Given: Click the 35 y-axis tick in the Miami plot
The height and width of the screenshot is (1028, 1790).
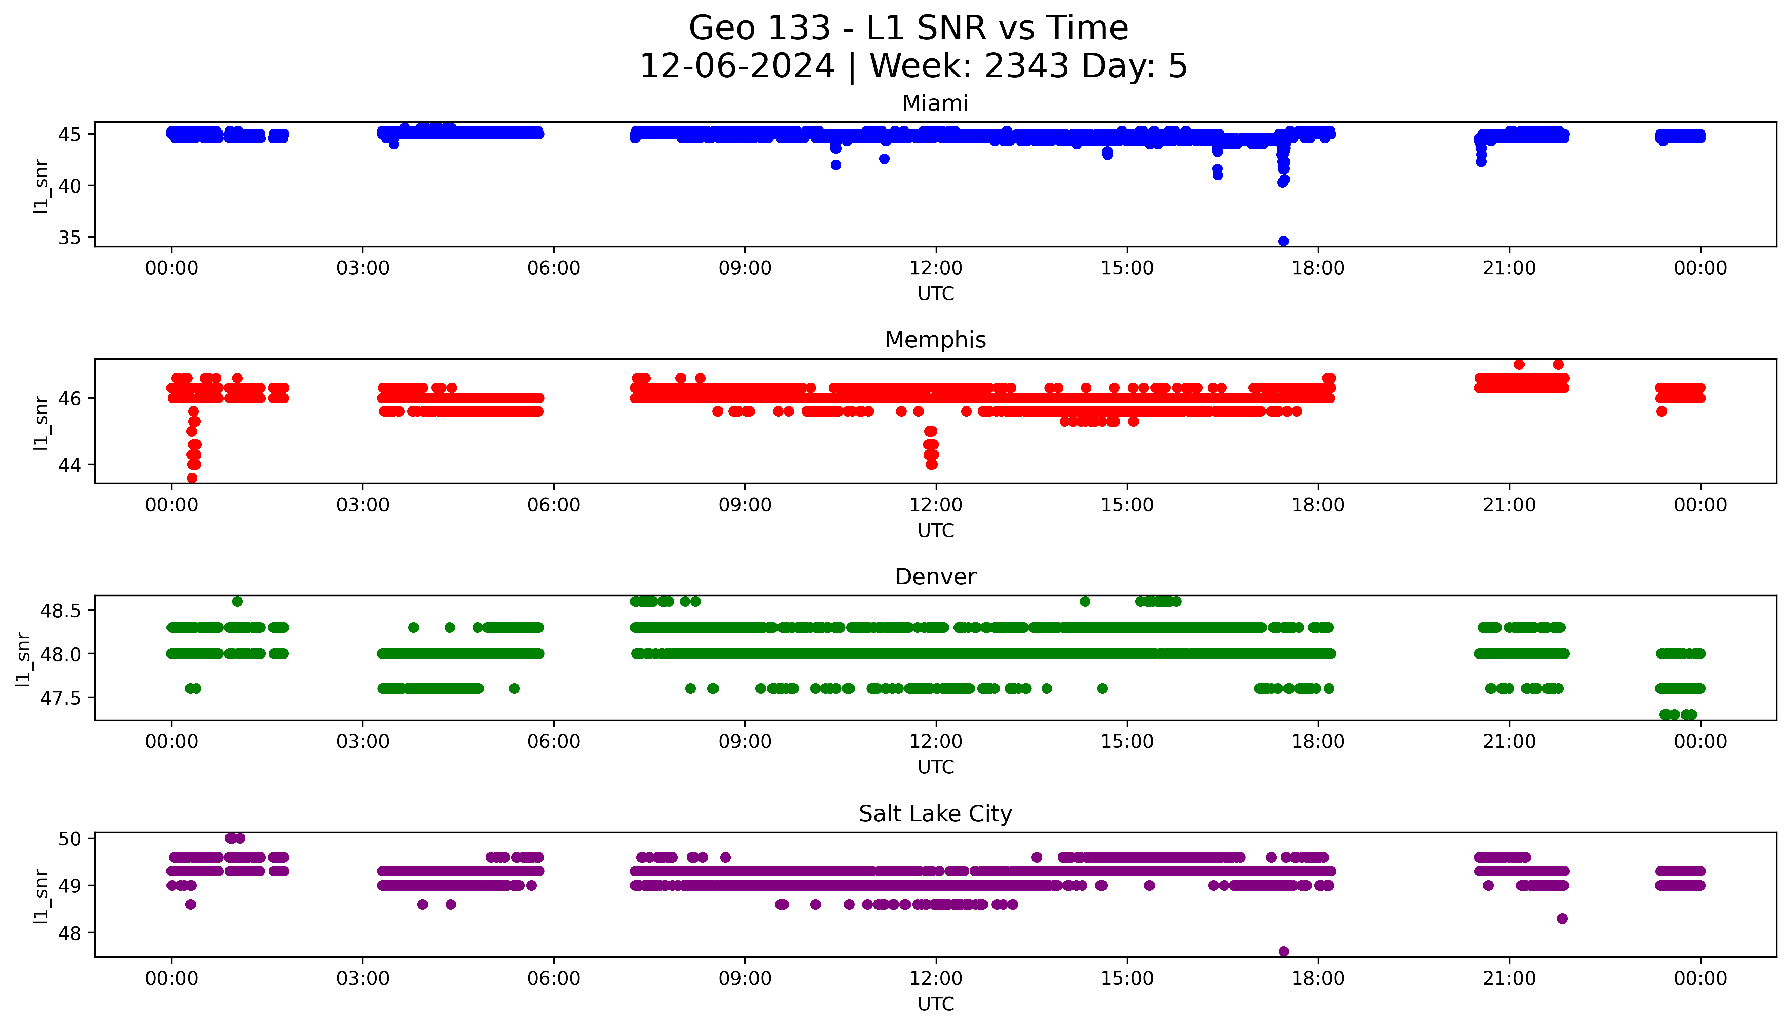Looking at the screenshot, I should tap(70, 238).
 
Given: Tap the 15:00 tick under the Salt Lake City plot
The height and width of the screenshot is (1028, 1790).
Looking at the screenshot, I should tap(1127, 979).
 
